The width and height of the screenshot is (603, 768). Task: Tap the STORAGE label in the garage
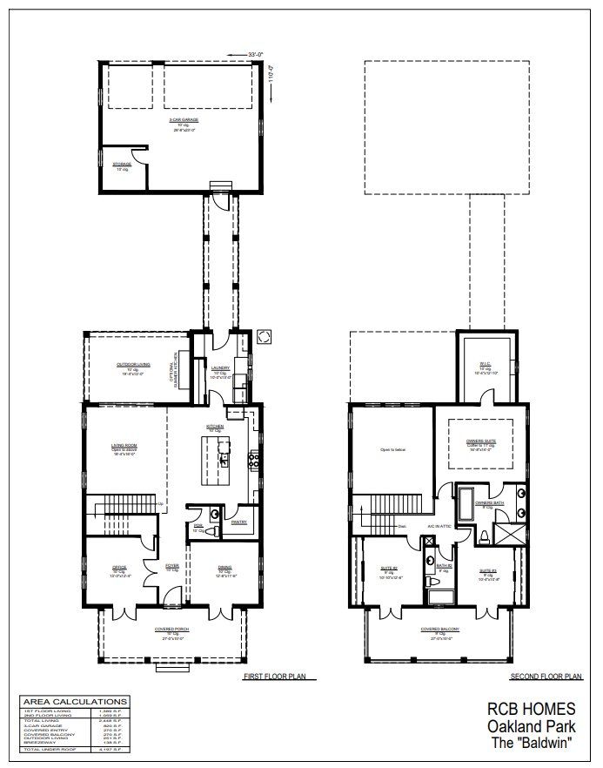click(x=122, y=164)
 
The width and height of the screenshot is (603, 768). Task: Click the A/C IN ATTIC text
click(x=436, y=527)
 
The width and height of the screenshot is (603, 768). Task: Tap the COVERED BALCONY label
click(x=440, y=629)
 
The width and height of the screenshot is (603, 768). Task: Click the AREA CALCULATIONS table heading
click(x=74, y=701)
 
